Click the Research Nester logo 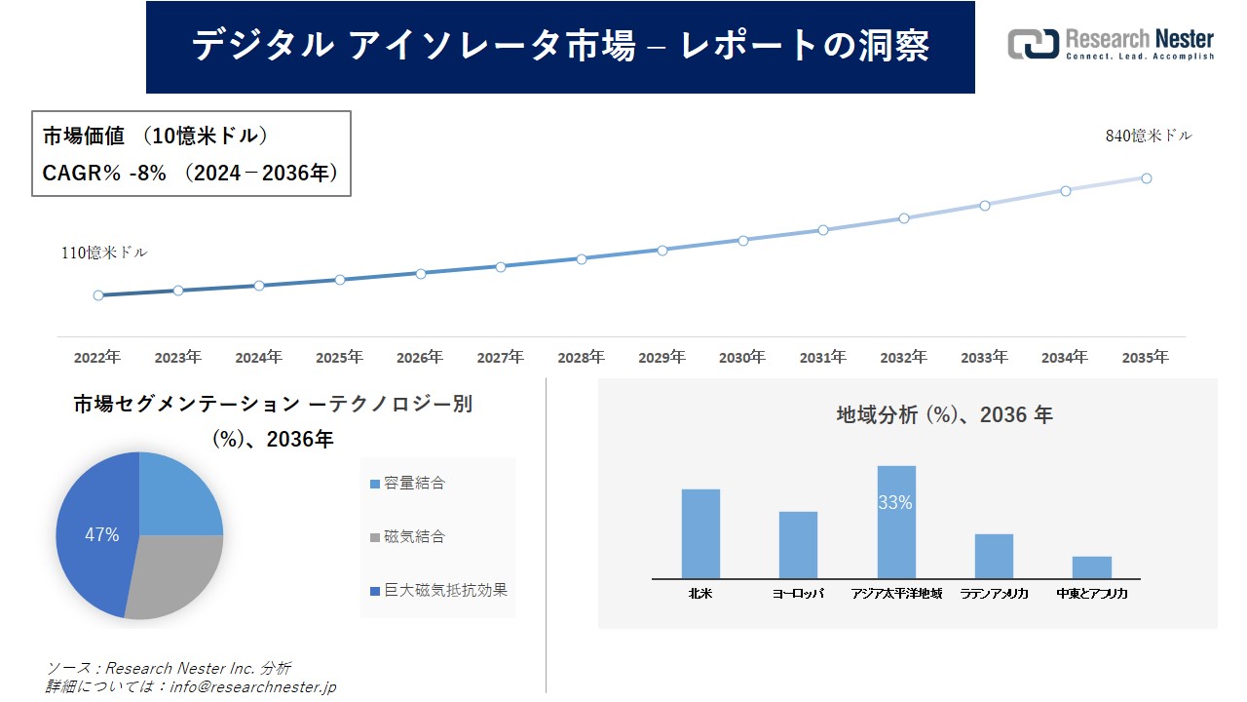1111,44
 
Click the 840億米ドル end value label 1149,136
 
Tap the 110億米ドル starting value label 104,253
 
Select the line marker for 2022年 98,295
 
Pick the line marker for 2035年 1147,178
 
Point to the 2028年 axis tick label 581,358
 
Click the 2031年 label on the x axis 823,358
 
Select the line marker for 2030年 743,240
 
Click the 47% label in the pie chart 101,535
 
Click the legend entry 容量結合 414,484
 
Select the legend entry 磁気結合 414,537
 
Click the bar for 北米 700,533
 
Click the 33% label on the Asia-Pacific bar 895,503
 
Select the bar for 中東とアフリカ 1091,567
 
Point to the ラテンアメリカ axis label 994,593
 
